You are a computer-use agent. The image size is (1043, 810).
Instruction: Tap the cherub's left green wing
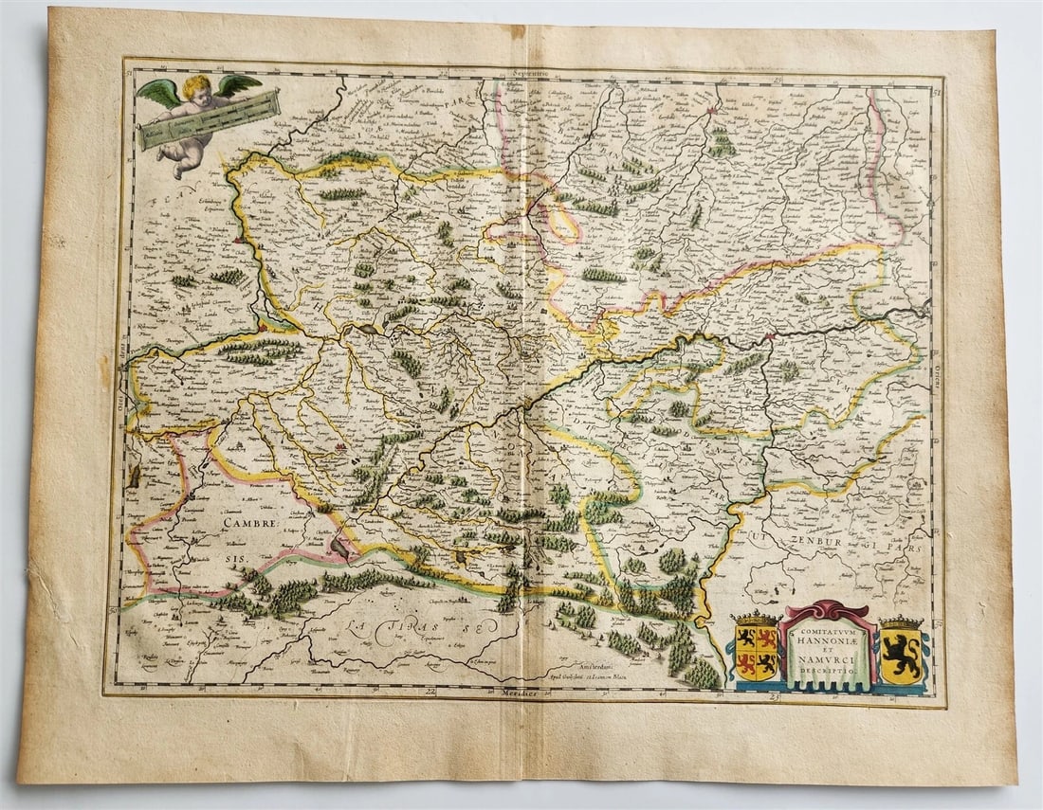pos(157,91)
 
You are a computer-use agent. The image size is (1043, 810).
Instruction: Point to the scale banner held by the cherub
pos(210,119)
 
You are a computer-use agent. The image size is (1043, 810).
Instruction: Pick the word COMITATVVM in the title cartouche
pos(824,628)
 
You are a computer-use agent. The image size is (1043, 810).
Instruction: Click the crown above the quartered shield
pos(756,621)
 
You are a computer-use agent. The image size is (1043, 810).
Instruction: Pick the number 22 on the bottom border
pos(431,693)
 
